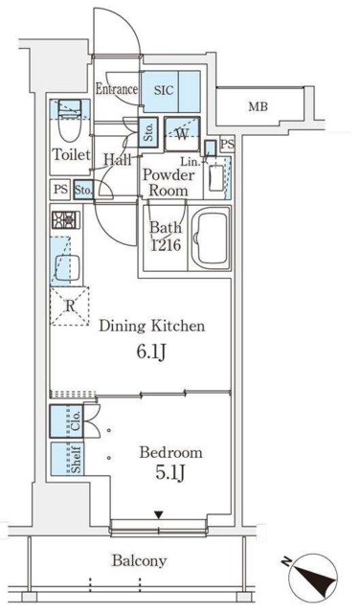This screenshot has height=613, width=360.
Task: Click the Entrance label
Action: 118,90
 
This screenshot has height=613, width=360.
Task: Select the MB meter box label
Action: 259,105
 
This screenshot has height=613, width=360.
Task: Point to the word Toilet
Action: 70,154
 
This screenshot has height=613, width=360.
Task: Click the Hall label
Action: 118,160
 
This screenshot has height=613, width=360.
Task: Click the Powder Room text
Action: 169,182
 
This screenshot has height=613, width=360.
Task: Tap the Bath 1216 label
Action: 166,236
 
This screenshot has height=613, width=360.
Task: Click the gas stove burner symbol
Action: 64,221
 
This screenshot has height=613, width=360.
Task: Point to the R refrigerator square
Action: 69,306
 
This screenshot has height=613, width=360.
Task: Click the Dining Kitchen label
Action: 151,327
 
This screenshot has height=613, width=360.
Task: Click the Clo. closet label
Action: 75,420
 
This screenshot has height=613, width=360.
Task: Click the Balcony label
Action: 138,561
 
